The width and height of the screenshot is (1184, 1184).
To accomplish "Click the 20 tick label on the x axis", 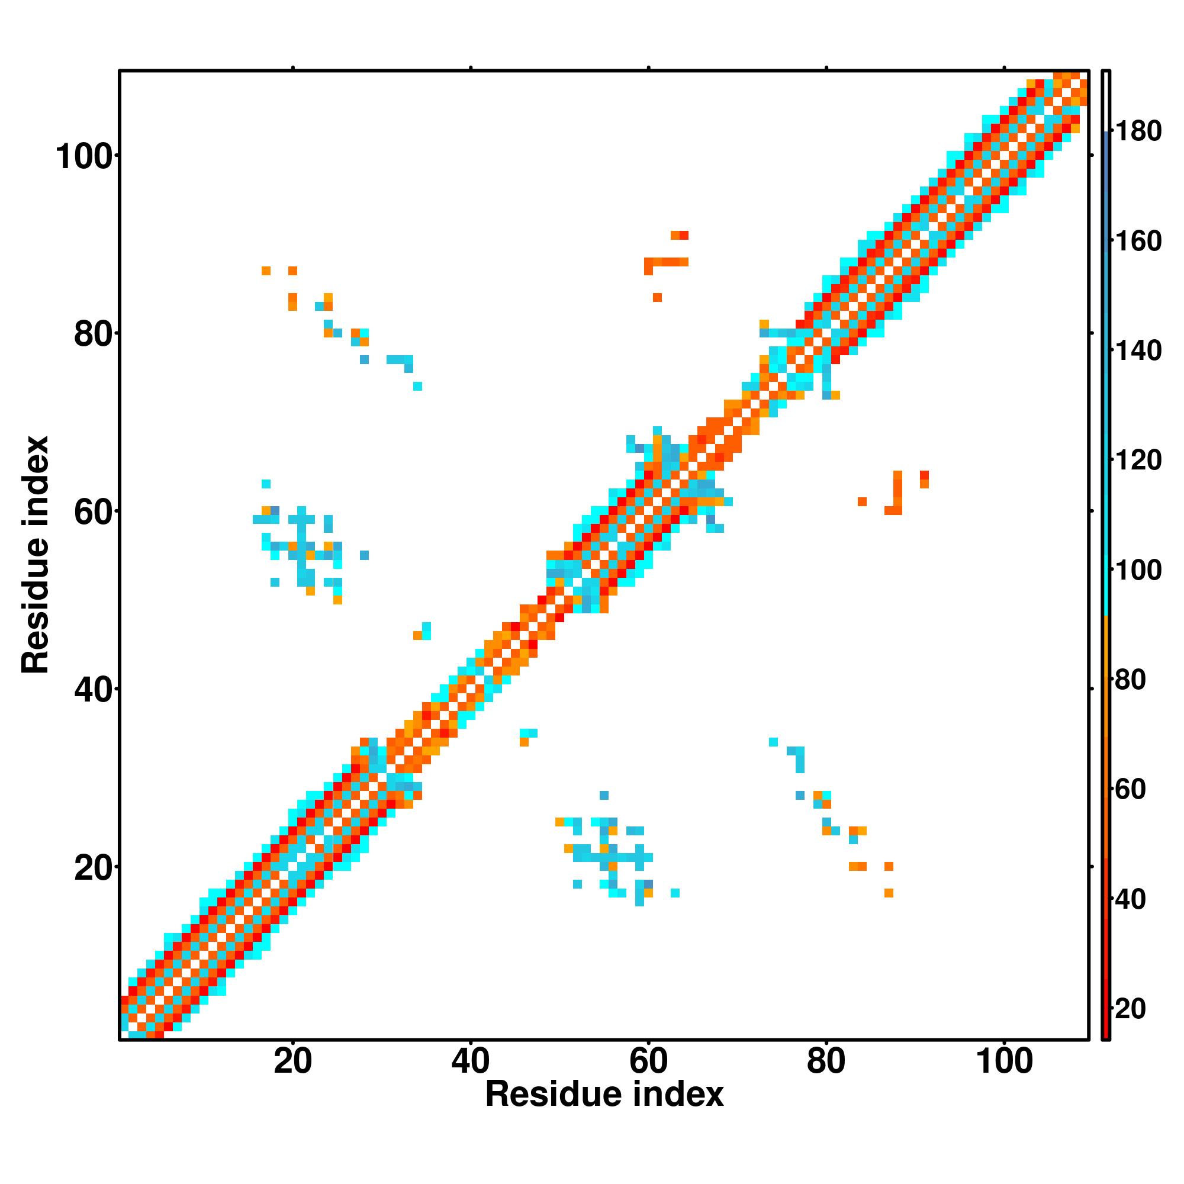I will click(x=292, y=1061).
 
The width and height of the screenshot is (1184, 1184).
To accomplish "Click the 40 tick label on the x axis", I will click(x=470, y=1061).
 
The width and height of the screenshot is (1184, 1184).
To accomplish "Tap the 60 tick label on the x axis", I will click(x=648, y=1061).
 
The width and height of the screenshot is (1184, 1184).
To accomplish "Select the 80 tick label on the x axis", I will click(x=826, y=1061).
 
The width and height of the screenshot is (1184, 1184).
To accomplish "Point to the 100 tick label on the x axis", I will click(x=1004, y=1061).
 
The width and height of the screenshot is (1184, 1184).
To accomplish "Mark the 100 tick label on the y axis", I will click(x=85, y=157).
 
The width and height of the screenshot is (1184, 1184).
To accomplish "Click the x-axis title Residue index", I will click(x=604, y=1095).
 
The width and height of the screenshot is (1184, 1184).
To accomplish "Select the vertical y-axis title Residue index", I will click(x=36, y=555).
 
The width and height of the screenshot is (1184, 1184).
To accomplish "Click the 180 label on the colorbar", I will click(x=1138, y=131).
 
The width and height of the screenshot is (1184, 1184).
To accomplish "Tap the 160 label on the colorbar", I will click(x=1138, y=242).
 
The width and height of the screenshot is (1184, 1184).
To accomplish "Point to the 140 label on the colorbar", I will click(x=1138, y=351).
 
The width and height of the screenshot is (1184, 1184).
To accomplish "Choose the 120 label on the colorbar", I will click(x=1138, y=460).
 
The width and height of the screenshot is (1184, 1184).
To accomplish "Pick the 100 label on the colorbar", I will click(x=1138, y=571).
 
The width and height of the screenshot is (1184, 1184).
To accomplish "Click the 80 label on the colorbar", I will click(x=1130, y=680).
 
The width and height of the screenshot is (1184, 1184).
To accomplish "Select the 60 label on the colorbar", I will click(x=1130, y=790).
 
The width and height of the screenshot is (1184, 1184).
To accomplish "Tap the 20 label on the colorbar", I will click(x=1130, y=1009).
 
